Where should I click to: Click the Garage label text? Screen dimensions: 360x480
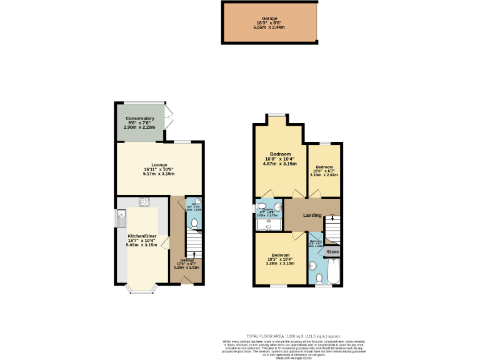(x=270, y=19)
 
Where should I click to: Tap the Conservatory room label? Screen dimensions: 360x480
(x=139, y=118)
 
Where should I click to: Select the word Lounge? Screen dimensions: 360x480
(x=159, y=165)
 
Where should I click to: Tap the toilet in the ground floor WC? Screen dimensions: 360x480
(x=194, y=222)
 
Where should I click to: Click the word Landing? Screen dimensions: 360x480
(x=312, y=216)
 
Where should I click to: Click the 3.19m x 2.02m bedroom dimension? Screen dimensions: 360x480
(x=324, y=175)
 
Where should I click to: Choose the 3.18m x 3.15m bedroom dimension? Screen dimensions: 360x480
(x=280, y=263)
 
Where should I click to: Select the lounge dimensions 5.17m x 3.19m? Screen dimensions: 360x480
(x=159, y=174)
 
